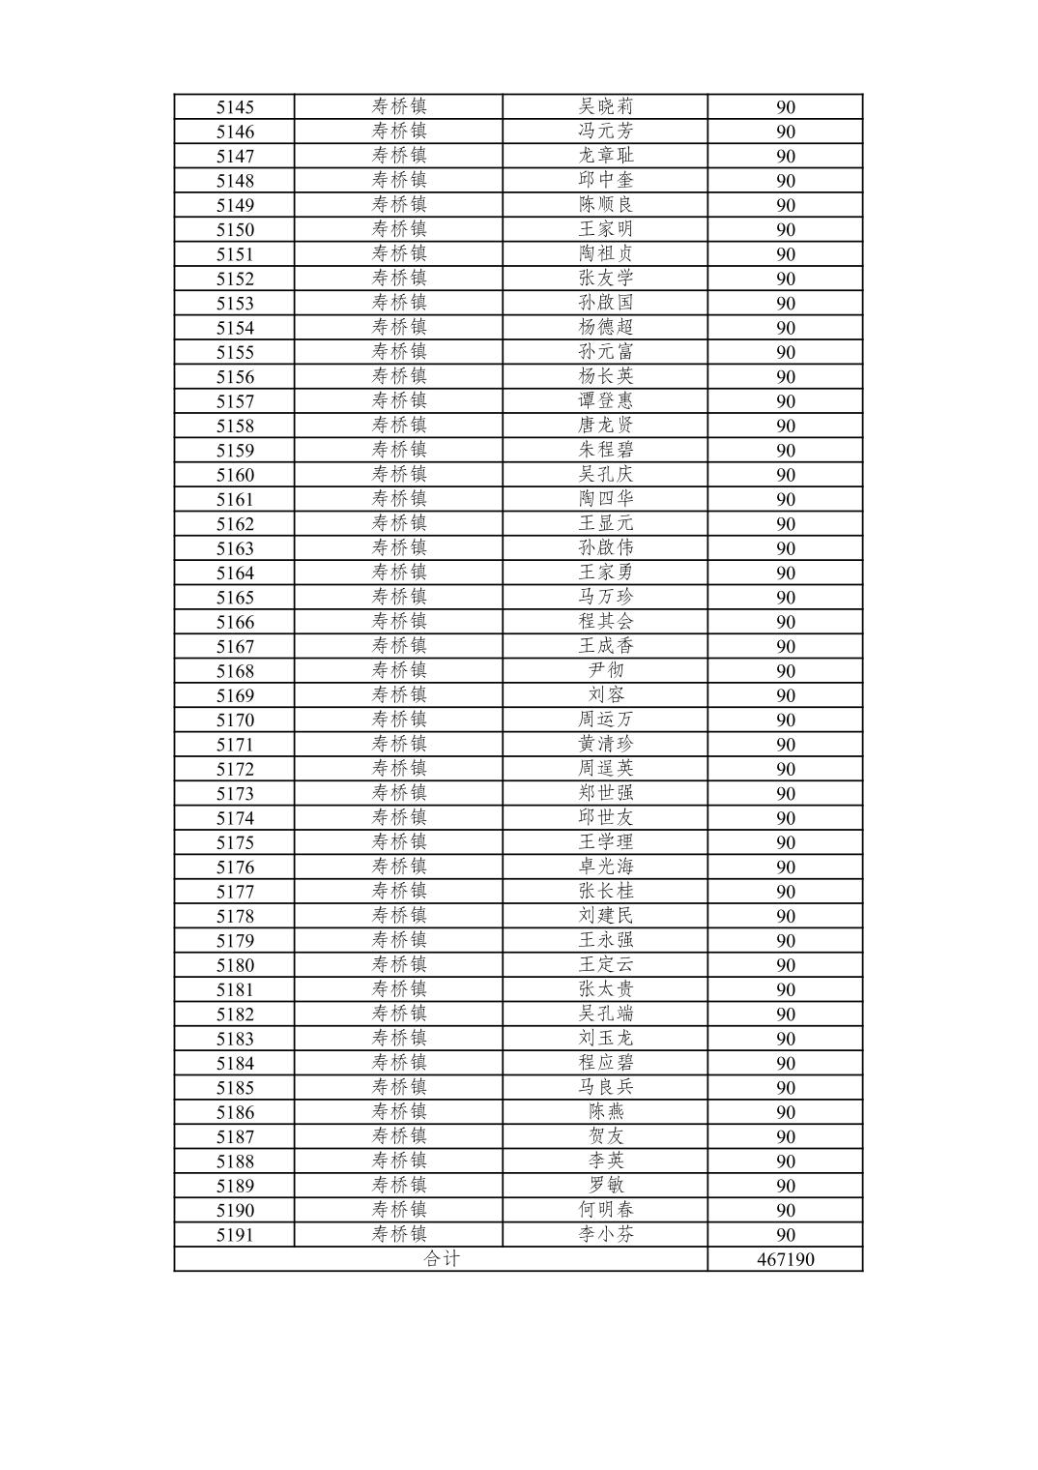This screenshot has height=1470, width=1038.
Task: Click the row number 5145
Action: coord(235,107)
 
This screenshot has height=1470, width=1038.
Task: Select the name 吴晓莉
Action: coord(606,106)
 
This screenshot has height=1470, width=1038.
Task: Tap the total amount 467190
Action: coord(785,1259)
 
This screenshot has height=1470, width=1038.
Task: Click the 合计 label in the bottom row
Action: coord(442,1259)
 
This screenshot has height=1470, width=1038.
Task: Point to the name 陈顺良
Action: coord(606,205)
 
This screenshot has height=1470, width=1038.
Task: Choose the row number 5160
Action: coord(235,475)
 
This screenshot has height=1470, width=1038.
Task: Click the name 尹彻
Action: coord(606,670)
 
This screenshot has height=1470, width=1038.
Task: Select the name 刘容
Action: coord(606,694)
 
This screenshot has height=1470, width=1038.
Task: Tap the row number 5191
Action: coord(235,1235)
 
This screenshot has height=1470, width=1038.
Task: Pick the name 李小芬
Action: coord(606,1234)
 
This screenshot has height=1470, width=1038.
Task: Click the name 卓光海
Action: coord(606,867)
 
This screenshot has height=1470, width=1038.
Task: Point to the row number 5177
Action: coord(235,892)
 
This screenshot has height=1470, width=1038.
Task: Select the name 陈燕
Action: coord(606,1112)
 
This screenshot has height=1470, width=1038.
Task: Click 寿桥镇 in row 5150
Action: coord(399,229)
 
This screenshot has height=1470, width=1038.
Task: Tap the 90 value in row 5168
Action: coord(785,671)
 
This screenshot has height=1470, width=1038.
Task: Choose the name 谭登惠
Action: coord(606,400)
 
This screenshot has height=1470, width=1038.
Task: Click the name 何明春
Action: coord(606,1210)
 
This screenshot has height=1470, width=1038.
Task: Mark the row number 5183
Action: coord(235,1039)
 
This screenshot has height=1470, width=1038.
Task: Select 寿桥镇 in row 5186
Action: coord(399,1112)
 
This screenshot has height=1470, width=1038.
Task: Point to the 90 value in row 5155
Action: coord(785,352)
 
